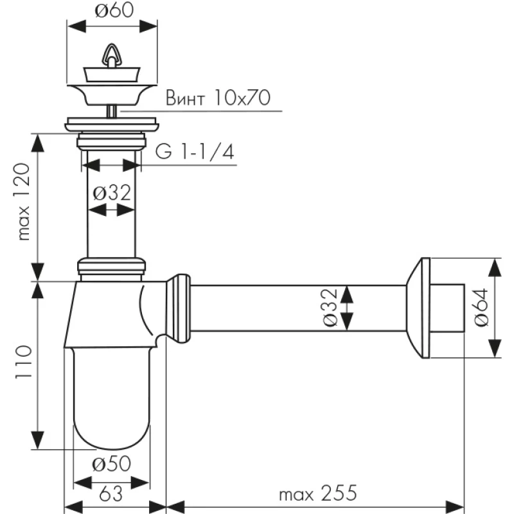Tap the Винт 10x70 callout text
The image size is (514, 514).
(x=218, y=98)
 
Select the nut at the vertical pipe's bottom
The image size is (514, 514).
(x=111, y=265)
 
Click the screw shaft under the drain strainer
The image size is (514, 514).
(x=112, y=111)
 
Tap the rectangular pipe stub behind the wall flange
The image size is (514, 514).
(x=447, y=307)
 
